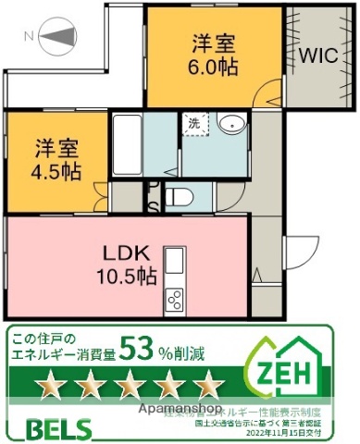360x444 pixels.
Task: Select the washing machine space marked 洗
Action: pyautogui.click(x=194, y=123)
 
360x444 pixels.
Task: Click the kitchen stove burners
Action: pyautogui.click(x=174, y=299)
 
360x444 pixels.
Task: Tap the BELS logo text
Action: pyautogui.click(x=51, y=429)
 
